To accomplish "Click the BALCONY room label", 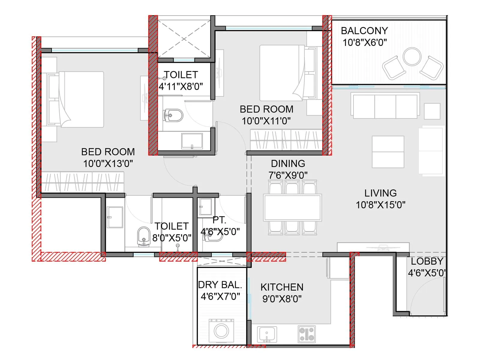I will [x=364, y=31].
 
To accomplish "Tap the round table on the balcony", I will [x=412, y=56].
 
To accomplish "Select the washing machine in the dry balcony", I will [x=221, y=331].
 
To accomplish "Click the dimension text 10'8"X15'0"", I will [x=380, y=205].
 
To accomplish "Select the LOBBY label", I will [x=427, y=261].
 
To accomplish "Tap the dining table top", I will [x=292, y=207].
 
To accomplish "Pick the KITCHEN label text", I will [x=282, y=287].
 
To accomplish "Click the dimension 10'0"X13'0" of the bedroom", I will [x=108, y=163].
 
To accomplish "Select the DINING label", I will [x=288, y=163].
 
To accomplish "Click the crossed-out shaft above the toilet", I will [x=184, y=39].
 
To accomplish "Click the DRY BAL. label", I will [x=220, y=285].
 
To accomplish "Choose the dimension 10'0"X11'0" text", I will [x=266, y=121].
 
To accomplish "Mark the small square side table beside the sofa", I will [x=432, y=111].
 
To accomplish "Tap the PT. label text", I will [x=219, y=220].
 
